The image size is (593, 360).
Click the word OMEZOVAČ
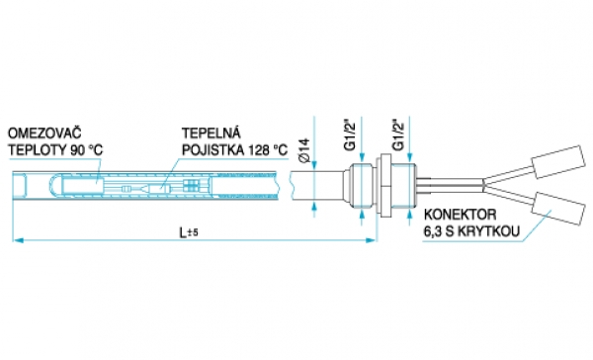point(44,134)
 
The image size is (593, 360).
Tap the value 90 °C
point(86,150)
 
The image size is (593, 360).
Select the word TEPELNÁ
point(212,133)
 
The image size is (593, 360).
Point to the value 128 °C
point(268,150)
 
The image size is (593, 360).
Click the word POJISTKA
point(212,150)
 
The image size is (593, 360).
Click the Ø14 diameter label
point(304,150)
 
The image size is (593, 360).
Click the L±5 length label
point(189,232)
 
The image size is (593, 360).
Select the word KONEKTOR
point(460,215)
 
